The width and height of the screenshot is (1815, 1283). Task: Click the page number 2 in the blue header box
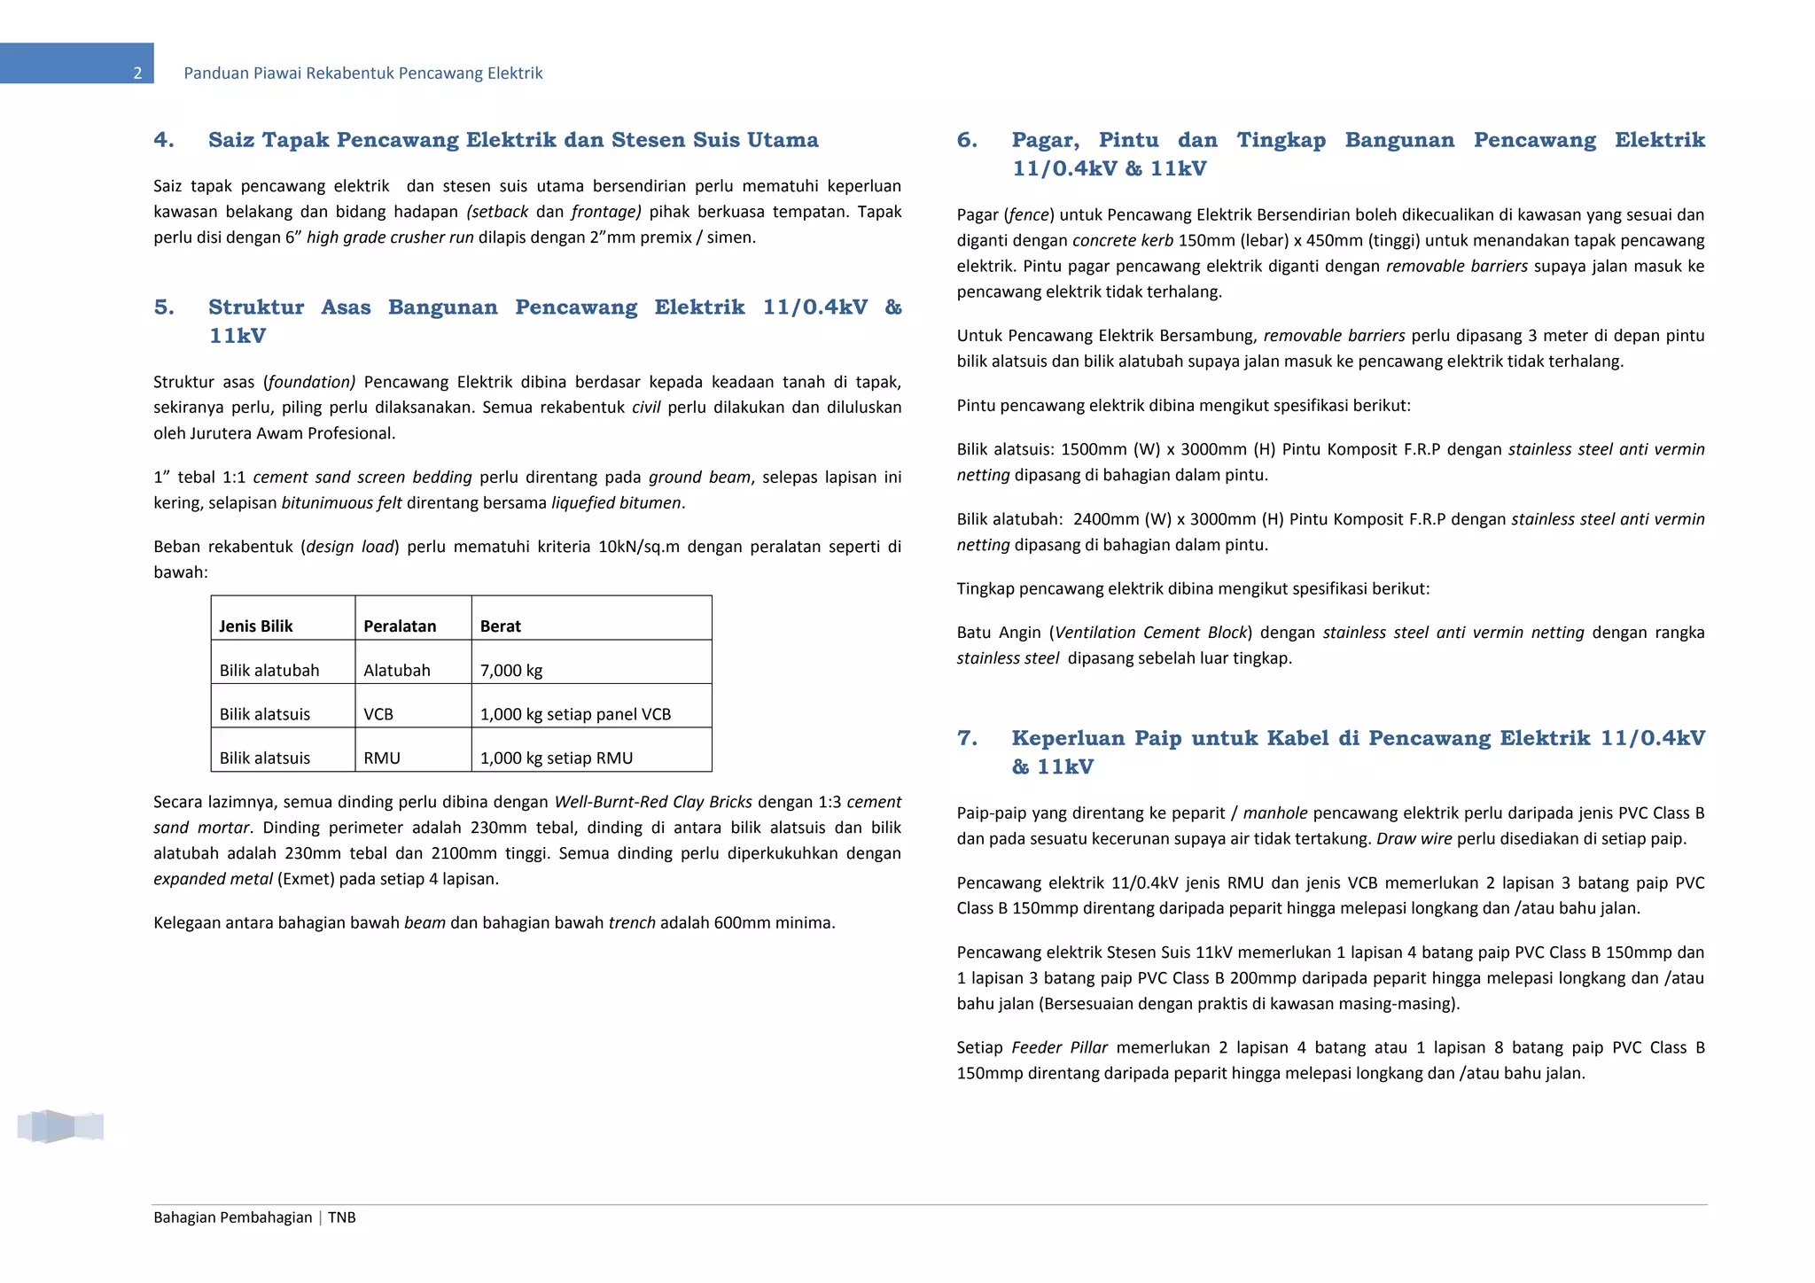(x=137, y=74)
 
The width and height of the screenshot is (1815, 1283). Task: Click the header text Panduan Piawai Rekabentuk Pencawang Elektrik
(x=362, y=74)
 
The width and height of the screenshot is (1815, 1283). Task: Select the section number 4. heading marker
(x=164, y=140)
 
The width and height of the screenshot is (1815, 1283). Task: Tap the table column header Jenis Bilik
(x=255, y=626)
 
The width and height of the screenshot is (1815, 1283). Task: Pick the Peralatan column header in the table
(x=400, y=626)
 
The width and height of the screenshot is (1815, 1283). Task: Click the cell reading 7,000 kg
(x=511, y=671)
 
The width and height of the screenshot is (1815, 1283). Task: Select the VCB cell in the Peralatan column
(x=378, y=714)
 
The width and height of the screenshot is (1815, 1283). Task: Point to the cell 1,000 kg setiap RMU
(x=556, y=758)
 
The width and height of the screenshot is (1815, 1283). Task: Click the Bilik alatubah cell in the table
(x=269, y=671)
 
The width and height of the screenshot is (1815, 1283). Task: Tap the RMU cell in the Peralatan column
(x=382, y=758)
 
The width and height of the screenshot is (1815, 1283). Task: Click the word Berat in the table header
(x=500, y=626)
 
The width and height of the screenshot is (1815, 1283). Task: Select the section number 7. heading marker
(x=967, y=738)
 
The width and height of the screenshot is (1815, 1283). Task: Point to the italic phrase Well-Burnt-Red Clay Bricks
(x=652, y=802)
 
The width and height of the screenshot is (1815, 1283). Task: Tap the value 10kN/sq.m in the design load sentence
(x=638, y=547)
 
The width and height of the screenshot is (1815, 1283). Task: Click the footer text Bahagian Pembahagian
(x=232, y=1217)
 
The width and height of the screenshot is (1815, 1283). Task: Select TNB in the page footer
(x=342, y=1217)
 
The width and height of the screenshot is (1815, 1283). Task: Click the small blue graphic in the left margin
(x=60, y=1126)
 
